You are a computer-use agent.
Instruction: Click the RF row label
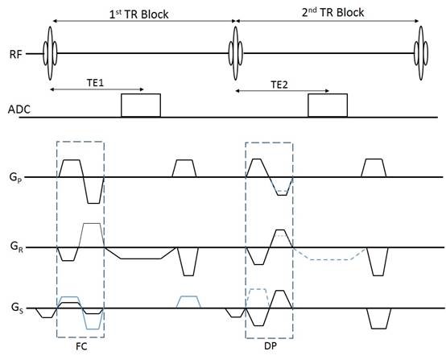[15, 54]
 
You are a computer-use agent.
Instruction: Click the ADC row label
[19, 110]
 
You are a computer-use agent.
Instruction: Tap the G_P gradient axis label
[15, 178]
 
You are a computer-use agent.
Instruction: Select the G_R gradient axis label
[16, 246]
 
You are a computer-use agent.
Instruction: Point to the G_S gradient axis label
[17, 308]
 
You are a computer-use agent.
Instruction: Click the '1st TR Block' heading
[138, 14]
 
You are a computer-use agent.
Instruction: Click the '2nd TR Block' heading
[332, 13]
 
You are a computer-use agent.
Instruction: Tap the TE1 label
[95, 82]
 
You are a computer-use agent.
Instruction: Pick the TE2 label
[279, 85]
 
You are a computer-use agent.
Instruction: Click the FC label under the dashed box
[81, 346]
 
